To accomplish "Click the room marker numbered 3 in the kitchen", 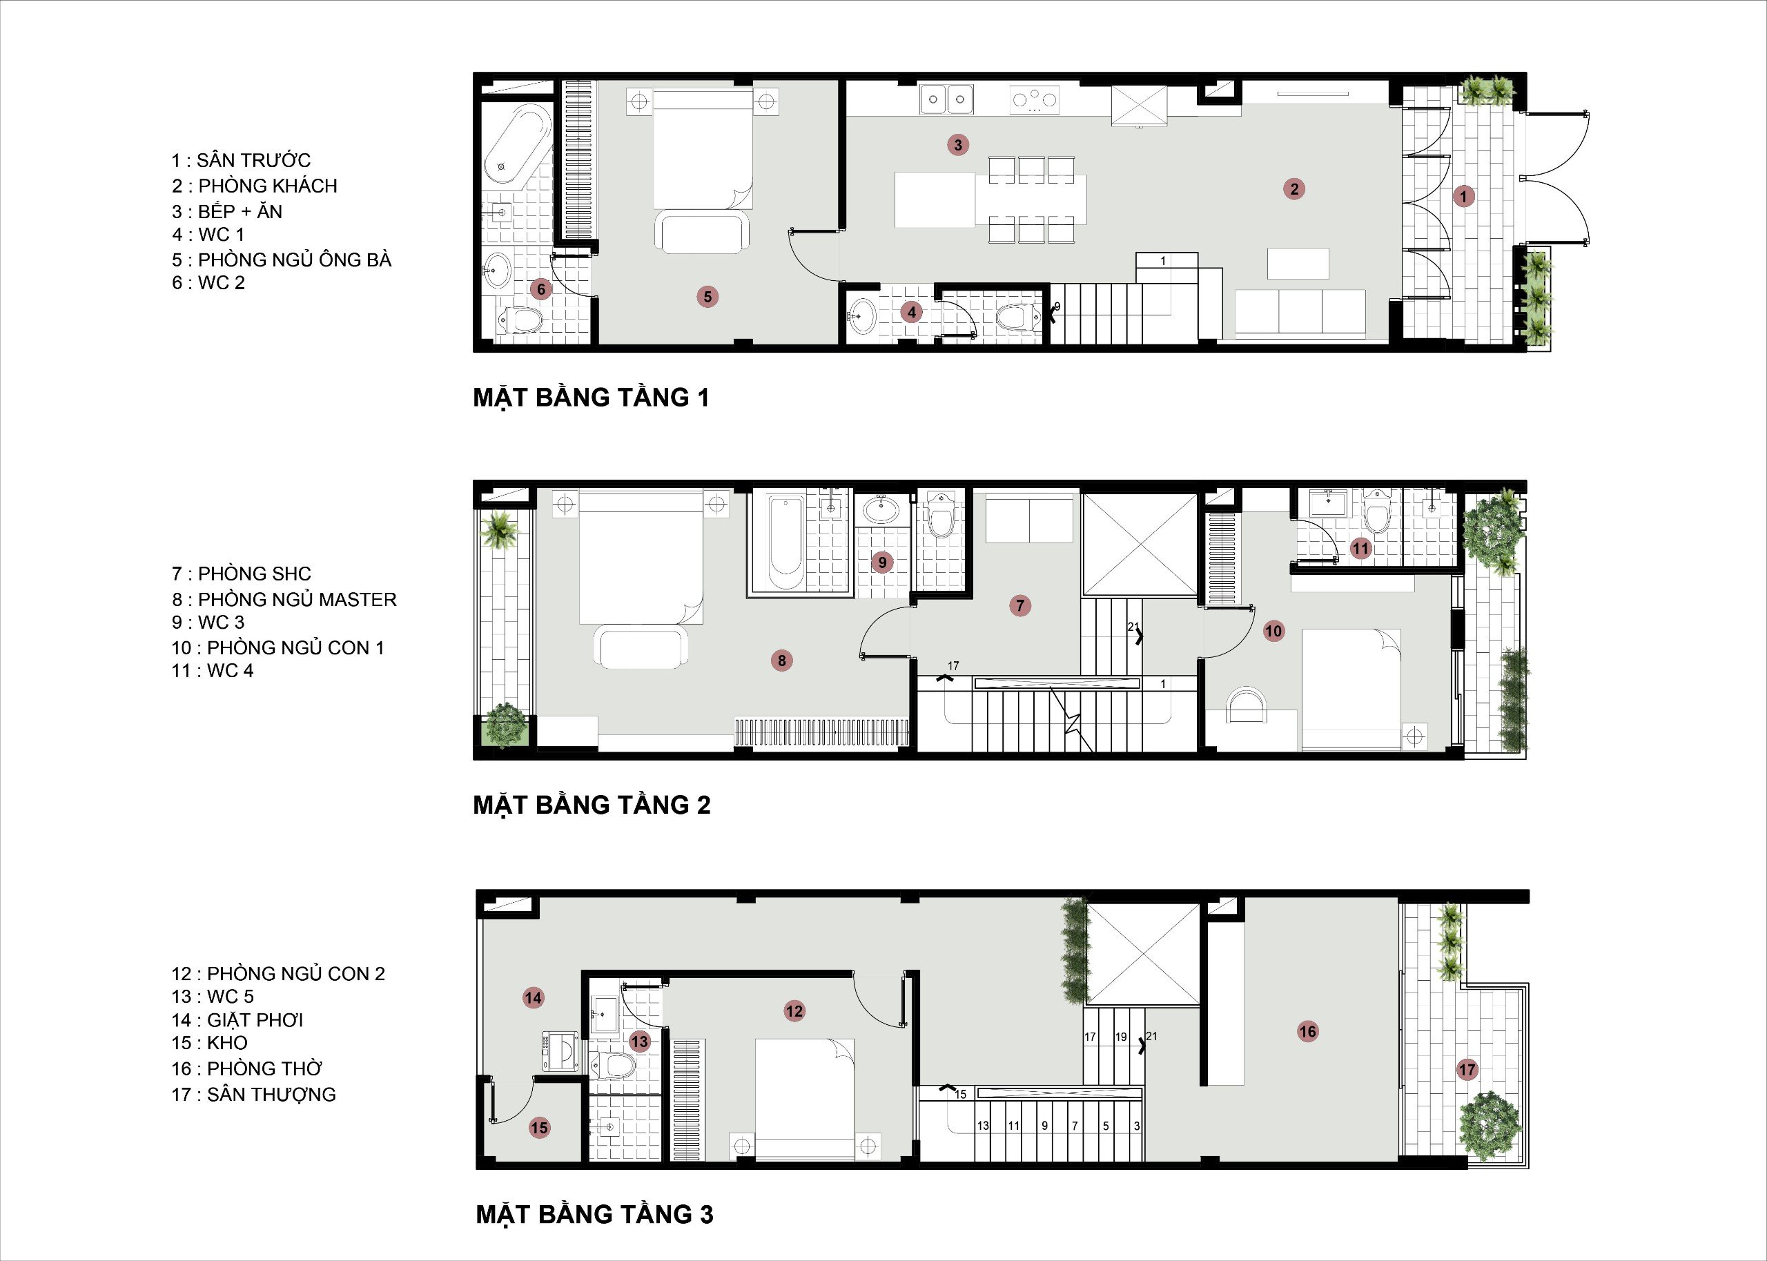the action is pyautogui.click(x=958, y=144).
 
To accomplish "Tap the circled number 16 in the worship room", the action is pyautogui.click(x=1308, y=1031).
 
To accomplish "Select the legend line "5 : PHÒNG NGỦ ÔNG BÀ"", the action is pyautogui.click(x=282, y=260).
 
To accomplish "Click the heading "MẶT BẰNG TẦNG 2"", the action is pyautogui.click(x=592, y=805).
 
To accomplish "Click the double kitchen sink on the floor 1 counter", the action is pyautogui.click(x=947, y=99).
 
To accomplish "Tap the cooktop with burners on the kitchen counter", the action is pyautogui.click(x=1034, y=99).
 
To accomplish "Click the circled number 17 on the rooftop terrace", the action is pyautogui.click(x=1467, y=1070).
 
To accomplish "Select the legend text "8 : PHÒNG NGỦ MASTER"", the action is pyautogui.click(x=284, y=599).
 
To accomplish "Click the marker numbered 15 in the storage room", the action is pyautogui.click(x=540, y=1128).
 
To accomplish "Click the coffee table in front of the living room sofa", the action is pyautogui.click(x=1298, y=264).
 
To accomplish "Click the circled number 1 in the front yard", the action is pyautogui.click(x=1463, y=197).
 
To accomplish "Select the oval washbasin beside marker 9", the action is pyautogui.click(x=882, y=510).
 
